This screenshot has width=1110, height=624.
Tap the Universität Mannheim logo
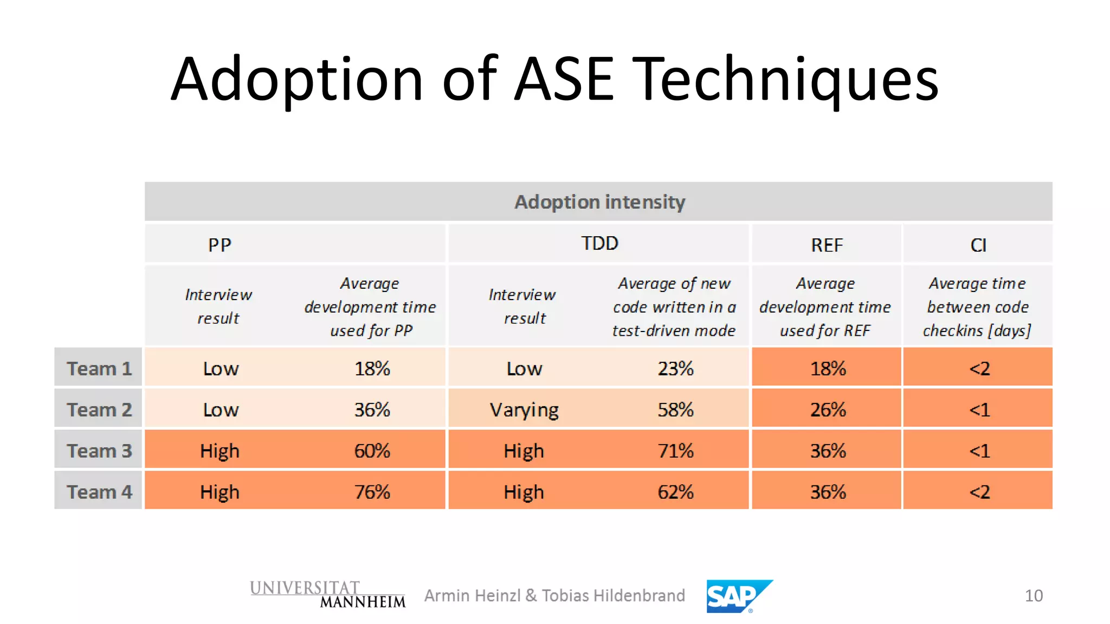(327, 594)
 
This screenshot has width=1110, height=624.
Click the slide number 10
(1034, 596)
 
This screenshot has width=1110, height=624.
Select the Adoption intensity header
(599, 202)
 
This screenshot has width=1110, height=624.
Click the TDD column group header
(599, 244)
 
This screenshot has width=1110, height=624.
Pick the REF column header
(827, 245)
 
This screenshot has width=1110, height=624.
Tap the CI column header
(978, 245)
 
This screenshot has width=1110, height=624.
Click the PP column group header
(220, 245)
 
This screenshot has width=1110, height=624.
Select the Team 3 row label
(99, 451)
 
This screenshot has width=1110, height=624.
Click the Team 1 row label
(99, 368)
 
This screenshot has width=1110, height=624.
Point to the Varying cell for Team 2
(524, 410)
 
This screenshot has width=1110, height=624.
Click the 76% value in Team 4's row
(372, 492)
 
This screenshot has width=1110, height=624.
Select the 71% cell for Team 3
(675, 451)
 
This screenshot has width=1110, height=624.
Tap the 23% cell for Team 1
(675, 368)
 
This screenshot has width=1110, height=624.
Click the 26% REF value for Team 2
(828, 409)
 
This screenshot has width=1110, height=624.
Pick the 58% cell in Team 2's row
(675, 409)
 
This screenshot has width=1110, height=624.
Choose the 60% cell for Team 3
(372, 451)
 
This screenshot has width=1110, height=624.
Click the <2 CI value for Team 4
(979, 492)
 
